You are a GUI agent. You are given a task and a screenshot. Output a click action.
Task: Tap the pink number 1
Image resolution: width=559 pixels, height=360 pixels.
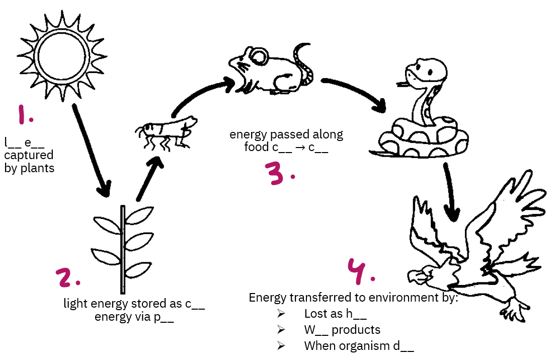pos(25,115)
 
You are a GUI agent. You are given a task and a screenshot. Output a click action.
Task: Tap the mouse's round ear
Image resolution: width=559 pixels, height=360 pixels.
pos(259,55)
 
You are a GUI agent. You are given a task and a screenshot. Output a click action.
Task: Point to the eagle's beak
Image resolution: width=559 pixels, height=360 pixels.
pos(416,277)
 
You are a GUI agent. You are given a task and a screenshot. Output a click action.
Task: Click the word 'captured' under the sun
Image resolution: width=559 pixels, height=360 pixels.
pos(28,156)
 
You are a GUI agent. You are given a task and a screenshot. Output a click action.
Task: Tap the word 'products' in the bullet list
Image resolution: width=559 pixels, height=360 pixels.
pos(356,330)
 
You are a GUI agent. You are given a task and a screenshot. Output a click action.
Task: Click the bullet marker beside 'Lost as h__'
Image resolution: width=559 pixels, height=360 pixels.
pos(281,314)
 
